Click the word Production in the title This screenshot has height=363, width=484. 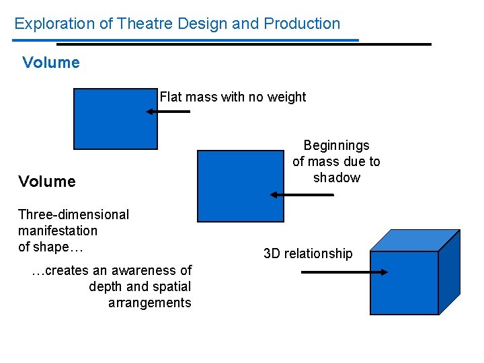tap(302, 24)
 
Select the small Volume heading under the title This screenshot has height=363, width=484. tap(50, 63)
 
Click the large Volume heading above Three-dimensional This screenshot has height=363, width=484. tap(47, 181)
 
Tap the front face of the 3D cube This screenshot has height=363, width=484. tap(404, 282)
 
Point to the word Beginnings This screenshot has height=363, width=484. tap(336, 145)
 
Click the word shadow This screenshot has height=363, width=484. tap(336, 177)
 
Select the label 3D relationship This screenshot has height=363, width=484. tap(308, 253)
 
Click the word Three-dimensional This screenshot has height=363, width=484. tap(73, 214)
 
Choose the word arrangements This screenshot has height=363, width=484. tap(149, 302)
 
